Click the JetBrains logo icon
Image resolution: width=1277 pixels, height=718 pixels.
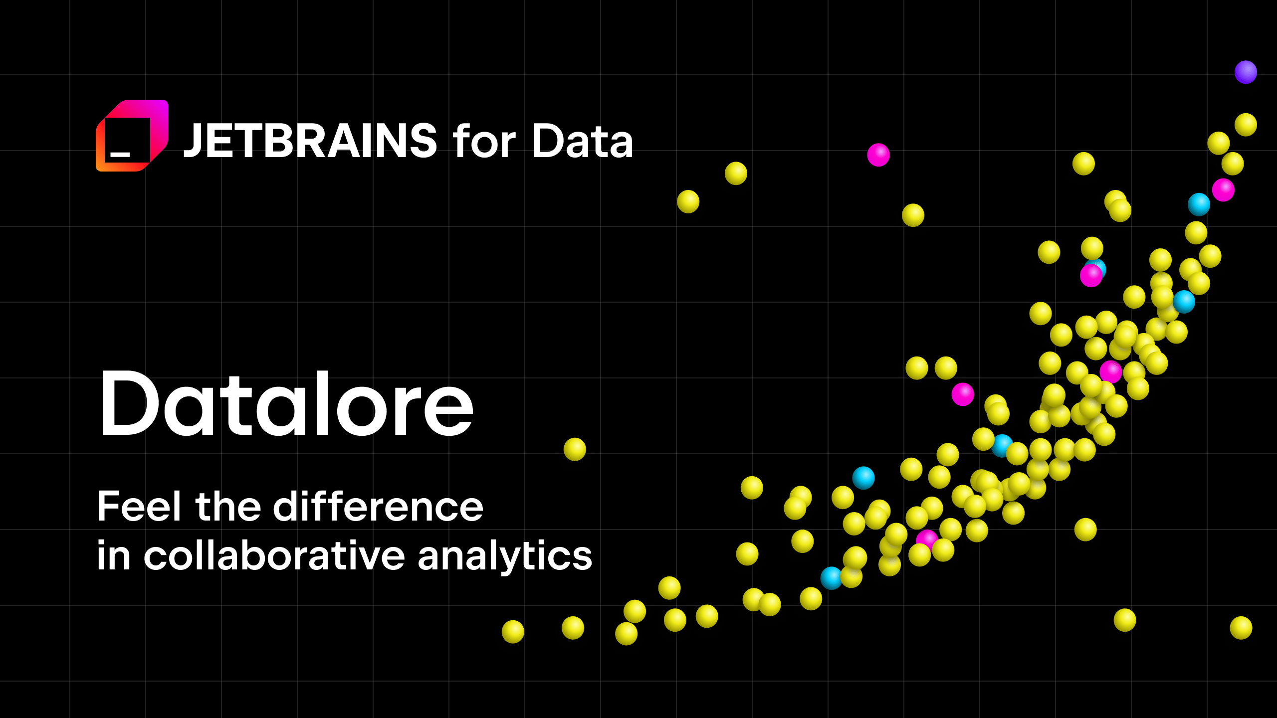[132, 136]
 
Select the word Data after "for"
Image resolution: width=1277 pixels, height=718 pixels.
[583, 142]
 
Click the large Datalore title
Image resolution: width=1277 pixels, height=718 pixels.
[286, 404]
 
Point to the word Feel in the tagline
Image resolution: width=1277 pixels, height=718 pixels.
[139, 507]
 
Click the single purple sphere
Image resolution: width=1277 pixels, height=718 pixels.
[1246, 72]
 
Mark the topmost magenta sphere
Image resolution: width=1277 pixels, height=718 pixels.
[878, 155]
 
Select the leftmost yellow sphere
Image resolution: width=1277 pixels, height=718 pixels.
[513, 632]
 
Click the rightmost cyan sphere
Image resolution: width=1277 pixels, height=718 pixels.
[1199, 204]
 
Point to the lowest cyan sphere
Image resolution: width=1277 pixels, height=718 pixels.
[831, 578]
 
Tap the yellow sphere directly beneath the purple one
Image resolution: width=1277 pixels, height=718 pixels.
[1246, 125]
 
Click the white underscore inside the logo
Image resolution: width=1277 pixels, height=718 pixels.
[120, 155]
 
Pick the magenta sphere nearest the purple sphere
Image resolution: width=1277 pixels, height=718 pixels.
[1223, 190]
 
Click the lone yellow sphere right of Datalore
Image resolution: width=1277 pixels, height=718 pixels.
[575, 449]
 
